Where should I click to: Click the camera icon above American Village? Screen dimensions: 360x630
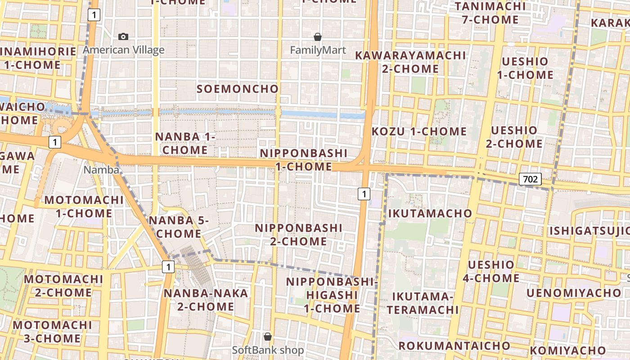[123, 37]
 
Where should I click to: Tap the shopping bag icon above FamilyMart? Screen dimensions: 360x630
[318, 37]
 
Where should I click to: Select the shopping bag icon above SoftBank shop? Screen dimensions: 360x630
[268, 337]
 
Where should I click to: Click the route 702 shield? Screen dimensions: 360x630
[530, 179]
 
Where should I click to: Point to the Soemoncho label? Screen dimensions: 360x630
[238, 89]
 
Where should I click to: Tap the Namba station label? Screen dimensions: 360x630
[102, 170]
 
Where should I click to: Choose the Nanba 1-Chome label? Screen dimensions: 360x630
[185, 143]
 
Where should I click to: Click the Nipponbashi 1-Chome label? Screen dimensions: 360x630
[303, 160]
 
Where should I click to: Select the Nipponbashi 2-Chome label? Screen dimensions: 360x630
[299, 234]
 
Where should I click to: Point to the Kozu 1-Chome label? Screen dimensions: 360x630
[419, 131]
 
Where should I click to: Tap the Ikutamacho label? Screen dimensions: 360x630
[430, 213]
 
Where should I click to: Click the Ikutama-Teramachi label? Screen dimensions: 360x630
[423, 303]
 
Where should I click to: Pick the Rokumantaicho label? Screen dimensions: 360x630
[454, 346]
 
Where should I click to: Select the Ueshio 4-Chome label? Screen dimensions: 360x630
[491, 271]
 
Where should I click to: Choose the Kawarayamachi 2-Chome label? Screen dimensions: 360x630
[410, 62]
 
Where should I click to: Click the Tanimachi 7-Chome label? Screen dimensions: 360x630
[490, 13]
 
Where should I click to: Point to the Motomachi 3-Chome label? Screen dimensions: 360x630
[52, 331]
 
